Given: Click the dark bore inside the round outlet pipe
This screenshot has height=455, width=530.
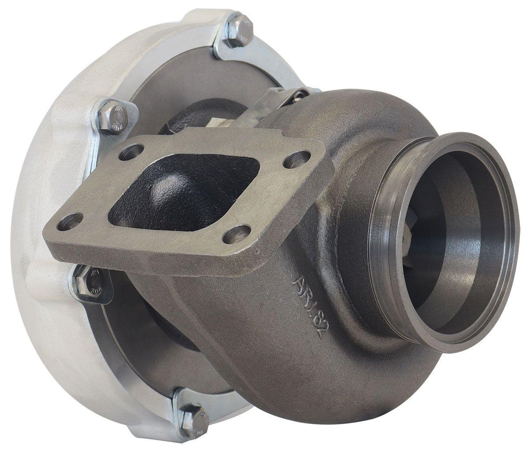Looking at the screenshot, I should click(x=446, y=248).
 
